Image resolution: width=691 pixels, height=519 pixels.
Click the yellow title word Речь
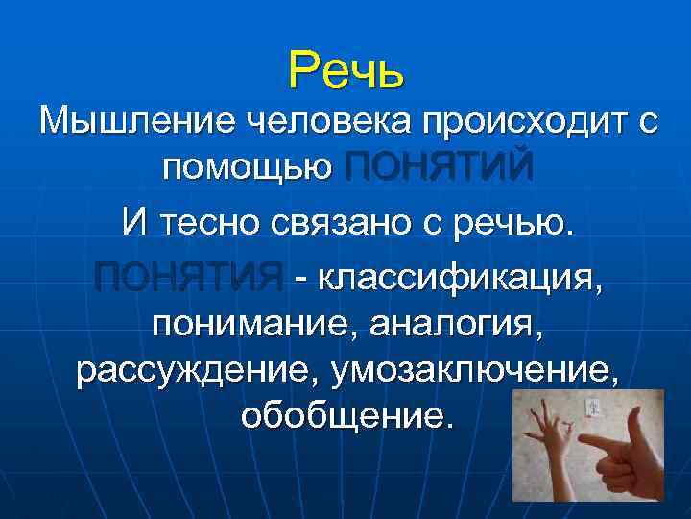coord(346,70)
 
